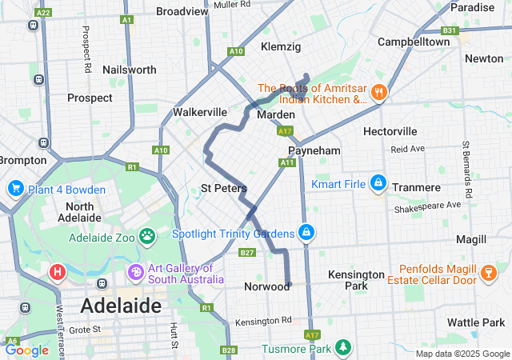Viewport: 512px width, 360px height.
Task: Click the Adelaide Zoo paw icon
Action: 147,237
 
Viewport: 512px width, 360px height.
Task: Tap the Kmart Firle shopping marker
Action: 378,185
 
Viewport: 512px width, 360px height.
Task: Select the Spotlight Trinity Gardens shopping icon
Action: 305,233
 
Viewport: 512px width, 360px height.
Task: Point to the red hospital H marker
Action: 58,272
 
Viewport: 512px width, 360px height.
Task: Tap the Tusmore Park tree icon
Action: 343,348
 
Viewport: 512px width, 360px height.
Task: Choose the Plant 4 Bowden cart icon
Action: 14,189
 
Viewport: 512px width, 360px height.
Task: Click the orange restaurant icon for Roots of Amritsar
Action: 378,93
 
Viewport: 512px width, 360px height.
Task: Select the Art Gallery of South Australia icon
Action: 135,273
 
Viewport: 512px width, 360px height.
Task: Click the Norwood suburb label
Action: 266,286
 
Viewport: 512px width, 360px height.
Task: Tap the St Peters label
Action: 223,189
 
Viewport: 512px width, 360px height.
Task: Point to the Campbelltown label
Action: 414,41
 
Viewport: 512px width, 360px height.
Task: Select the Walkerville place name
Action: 200,112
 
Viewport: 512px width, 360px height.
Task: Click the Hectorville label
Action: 390,130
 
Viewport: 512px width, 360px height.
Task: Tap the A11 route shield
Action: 288,163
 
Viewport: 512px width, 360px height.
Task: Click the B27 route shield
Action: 247,254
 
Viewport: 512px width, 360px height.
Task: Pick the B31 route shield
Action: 450,31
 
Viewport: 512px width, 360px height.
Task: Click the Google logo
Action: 26,350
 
